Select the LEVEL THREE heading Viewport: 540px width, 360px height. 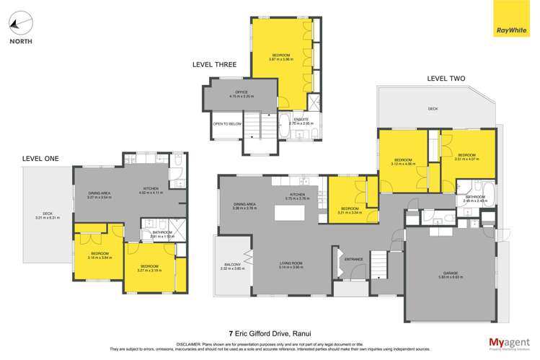tap(214, 65)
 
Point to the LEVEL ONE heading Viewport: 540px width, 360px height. tap(40, 159)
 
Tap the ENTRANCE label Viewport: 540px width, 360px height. tap(354, 258)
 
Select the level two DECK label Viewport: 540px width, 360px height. tap(433, 110)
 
